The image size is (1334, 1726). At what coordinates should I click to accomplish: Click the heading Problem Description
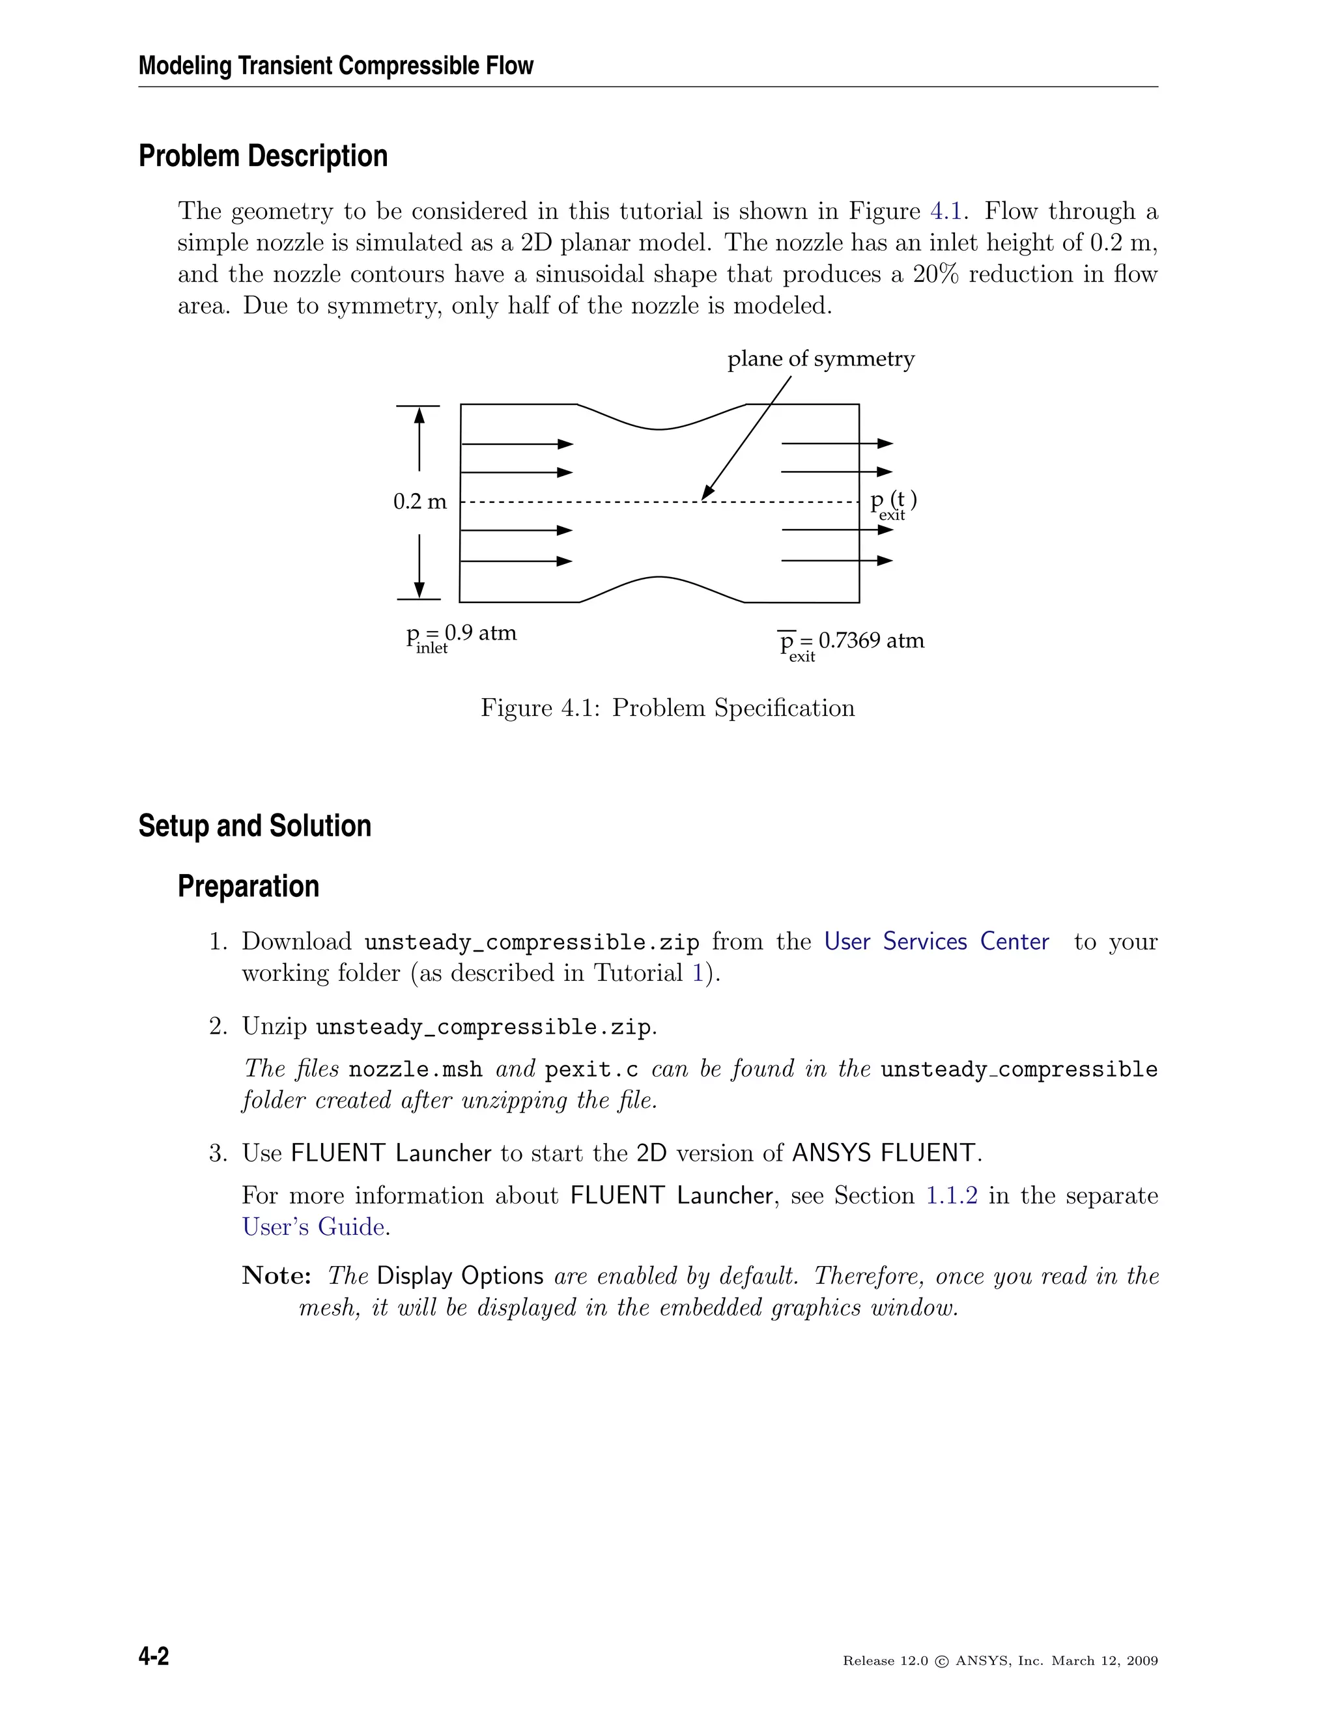coord(263,156)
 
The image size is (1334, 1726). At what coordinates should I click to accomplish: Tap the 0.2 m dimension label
coord(419,502)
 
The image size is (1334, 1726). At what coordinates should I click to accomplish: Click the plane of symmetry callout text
coord(820,359)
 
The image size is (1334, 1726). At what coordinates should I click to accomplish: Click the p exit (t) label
coord(893,503)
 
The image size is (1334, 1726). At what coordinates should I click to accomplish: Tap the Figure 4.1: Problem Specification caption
coord(667,707)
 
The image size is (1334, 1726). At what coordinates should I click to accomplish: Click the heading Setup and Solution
coord(255,826)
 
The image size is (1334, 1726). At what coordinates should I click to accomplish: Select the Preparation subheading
coord(248,886)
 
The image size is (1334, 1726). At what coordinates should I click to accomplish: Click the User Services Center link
coord(937,941)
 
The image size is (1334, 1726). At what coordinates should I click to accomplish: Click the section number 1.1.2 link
coord(952,1195)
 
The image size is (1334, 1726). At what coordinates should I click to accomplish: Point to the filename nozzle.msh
coord(415,1069)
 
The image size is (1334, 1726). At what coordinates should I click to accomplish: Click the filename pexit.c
coord(591,1069)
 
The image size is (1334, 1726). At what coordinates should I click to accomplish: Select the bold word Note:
coord(276,1275)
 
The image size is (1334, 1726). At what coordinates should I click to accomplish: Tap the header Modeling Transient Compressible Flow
coord(336,66)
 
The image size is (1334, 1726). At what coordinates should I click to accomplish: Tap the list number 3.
coord(218,1153)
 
